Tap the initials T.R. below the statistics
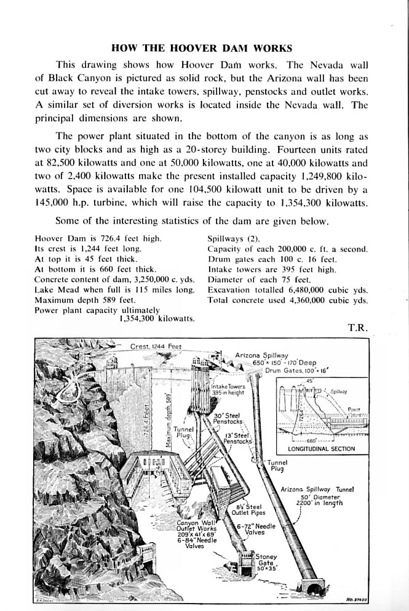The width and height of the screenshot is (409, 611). point(357,328)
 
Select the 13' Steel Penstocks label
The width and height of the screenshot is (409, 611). point(236,438)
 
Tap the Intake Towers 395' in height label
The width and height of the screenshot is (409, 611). point(215,389)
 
